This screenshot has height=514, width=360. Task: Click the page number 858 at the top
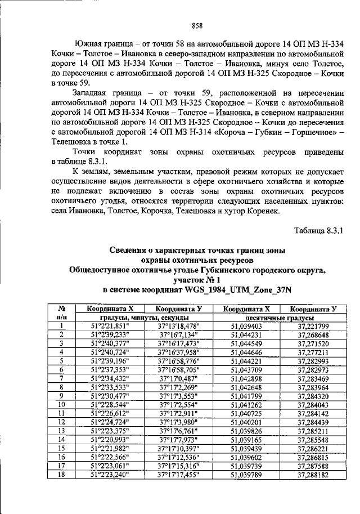coord(197,25)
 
